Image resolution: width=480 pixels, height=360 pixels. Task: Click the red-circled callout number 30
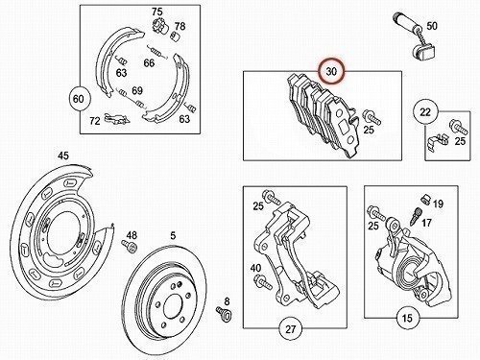pyautogui.click(x=331, y=71)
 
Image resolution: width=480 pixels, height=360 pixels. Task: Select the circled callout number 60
pyautogui.click(x=79, y=99)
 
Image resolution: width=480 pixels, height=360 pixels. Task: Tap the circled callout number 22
pyautogui.click(x=425, y=112)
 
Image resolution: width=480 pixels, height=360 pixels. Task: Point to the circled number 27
pyautogui.click(x=291, y=329)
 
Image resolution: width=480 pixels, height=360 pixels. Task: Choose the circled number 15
pyautogui.click(x=407, y=318)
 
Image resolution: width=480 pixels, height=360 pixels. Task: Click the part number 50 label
pyautogui.click(x=432, y=26)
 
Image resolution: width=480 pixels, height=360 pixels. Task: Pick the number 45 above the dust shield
pyautogui.click(x=63, y=156)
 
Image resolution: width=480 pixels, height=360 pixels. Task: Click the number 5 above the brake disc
pyautogui.click(x=173, y=235)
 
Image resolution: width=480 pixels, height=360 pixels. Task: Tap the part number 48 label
pyautogui.click(x=132, y=235)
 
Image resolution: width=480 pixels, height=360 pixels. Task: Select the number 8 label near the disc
pyautogui.click(x=227, y=301)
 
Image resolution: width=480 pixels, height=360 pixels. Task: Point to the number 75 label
pyautogui.click(x=157, y=12)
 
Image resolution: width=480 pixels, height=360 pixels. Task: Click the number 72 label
pyautogui.click(x=95, y=121)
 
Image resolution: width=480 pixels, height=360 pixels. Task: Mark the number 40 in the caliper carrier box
pyautogui.click(x=255, y=268)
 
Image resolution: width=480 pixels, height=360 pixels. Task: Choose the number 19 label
pyautogui.click(x=438, y=204)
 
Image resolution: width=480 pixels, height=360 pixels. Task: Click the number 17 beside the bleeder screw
pyautogui.click(x=426, y=223)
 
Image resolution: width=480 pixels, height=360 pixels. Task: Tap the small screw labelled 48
pyautogui.click(x=129, y=247)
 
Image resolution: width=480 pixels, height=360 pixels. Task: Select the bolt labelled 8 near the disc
pyautogui.click(x=224, y=313)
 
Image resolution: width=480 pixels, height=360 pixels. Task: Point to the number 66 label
pyautogui.click(x=149, y=62)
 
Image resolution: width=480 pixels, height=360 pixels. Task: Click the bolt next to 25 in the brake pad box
pyautogui.click(x=372, y=117)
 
